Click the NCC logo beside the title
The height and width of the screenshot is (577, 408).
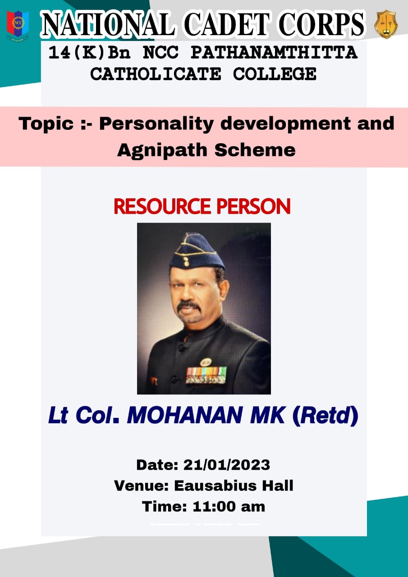point(18,26)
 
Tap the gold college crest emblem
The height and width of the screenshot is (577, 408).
point(385,24)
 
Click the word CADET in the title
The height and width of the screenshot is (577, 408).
point(227,25)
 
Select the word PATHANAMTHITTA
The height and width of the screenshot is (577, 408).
point(274,53)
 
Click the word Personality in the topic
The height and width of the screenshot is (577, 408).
point(156,124)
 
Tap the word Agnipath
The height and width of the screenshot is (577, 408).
point(162,151)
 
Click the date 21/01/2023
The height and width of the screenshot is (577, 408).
point(227,465)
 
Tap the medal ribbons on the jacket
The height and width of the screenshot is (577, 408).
point(206,375)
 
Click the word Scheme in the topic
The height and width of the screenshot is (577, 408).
point(255,150)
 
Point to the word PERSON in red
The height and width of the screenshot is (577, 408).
point(253,206)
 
